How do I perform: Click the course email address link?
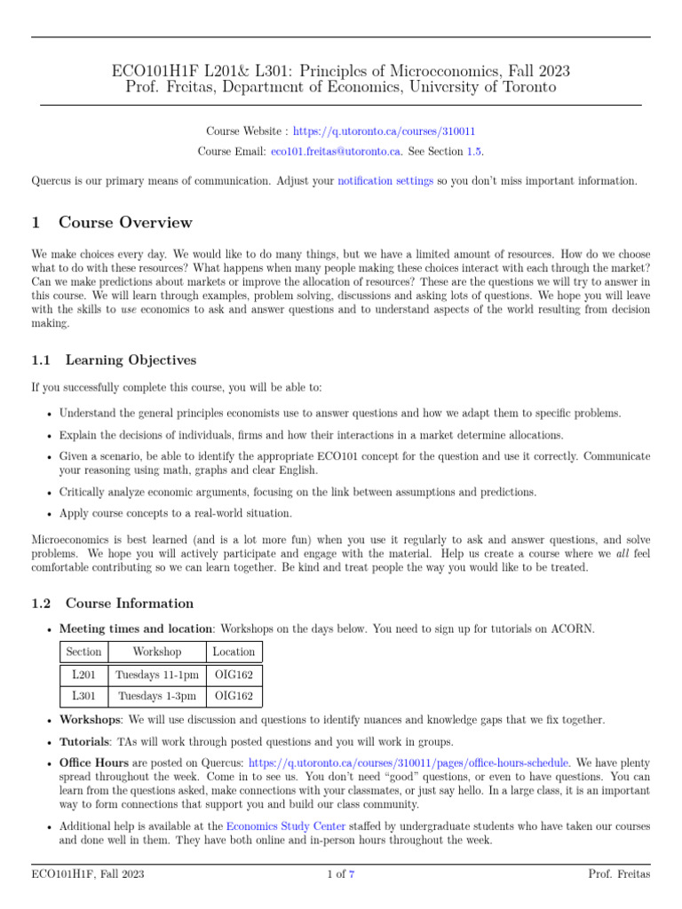[337, 152]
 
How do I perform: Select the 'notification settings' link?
[385, 180]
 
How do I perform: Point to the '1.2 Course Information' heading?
[112, 604]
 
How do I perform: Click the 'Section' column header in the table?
[83, 652]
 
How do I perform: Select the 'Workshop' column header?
[156, 652]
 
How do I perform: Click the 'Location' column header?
[234, 652]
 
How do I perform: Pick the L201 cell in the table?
[83, 674]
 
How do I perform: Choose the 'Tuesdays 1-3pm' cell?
[156, 696]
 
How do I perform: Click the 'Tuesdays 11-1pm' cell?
[156, 674]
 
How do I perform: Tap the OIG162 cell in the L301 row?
[234, 696]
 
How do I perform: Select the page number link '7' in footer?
[352, 874]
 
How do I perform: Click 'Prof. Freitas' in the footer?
[620, 874]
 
